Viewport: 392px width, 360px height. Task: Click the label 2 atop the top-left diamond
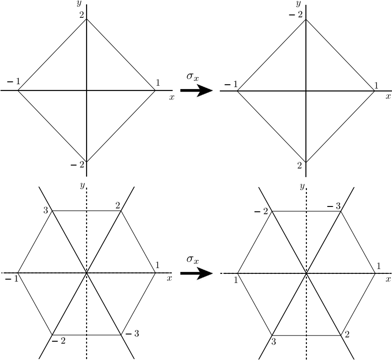coord(82,15)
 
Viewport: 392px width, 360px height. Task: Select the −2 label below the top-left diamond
coord(77,165)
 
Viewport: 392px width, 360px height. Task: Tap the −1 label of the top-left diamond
coord(13,81)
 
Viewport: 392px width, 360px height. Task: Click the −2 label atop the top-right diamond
coord(296,15)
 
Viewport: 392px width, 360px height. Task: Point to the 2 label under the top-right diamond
coord(300,166)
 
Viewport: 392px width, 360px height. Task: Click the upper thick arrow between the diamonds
coord(196,90)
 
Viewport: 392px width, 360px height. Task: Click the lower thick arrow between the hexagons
coord(196,273)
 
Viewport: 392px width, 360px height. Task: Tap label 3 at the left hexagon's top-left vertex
coord(45,210)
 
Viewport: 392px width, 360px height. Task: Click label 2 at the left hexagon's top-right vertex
coord(118,206)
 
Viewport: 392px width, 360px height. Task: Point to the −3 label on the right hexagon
coord(334,206)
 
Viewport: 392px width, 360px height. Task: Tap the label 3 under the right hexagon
coord(273,342)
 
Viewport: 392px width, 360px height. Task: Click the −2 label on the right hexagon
coord(262,212)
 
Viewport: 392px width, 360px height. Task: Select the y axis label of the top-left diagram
coord(78,3)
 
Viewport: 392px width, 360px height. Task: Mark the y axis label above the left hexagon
coord(82,185)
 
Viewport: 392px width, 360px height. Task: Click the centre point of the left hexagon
coord(87,273)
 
